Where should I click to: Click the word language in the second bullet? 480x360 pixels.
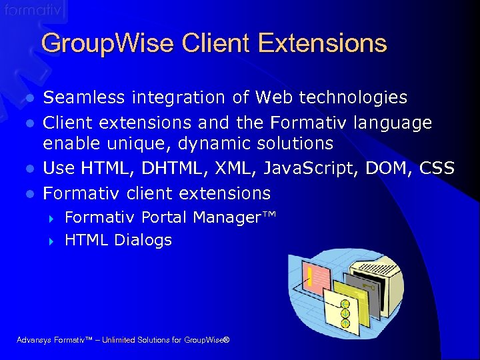coord(394,123)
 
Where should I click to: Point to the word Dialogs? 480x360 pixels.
coord(143,240)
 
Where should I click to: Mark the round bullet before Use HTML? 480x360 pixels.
coord(29,169)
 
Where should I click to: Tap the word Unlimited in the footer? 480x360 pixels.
coord(109,341)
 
